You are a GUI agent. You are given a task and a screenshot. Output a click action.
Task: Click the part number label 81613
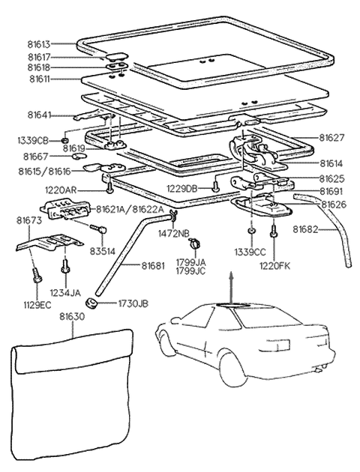[x=42, y=44]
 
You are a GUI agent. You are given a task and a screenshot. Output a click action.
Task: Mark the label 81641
[x=42, y=114]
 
